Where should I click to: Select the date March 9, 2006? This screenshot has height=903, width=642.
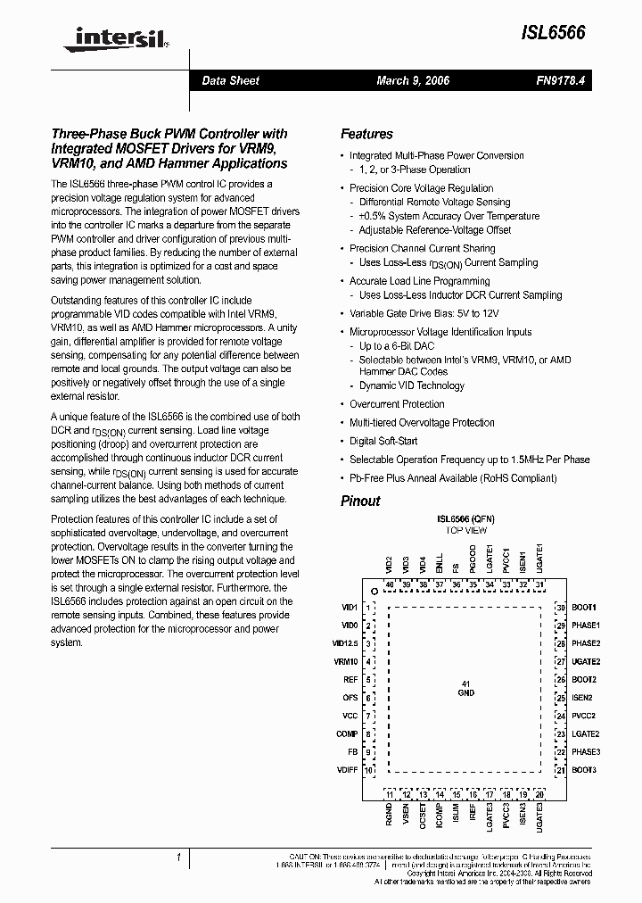click(413, 80)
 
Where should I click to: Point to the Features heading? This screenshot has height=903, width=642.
click(366, 134)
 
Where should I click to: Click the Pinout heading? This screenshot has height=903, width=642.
click(360, 501)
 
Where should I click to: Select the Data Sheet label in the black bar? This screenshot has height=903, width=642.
click(230, 80)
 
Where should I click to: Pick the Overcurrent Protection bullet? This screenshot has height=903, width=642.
click(397, 404)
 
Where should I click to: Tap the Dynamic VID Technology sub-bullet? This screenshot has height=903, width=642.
click(411, 385)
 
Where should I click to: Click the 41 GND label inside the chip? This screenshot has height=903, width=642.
click(465, 688)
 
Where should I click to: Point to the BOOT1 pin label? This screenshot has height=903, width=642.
click(584, 607)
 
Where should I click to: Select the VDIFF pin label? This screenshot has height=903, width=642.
click(346, 770)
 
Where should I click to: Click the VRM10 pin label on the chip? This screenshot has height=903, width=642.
click(345, 661)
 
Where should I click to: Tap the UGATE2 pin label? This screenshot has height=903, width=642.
click(586, 661)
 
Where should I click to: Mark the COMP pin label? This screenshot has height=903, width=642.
click(347, 733)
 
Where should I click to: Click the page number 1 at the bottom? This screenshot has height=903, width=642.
click(179, 857)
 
